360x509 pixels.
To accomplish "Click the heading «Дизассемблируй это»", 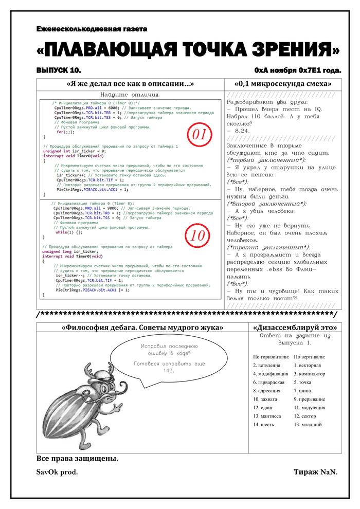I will tap(295, 327).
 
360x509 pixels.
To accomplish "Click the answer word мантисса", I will tap(267, 416).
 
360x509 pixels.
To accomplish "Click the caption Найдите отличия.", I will tap(130, 95).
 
